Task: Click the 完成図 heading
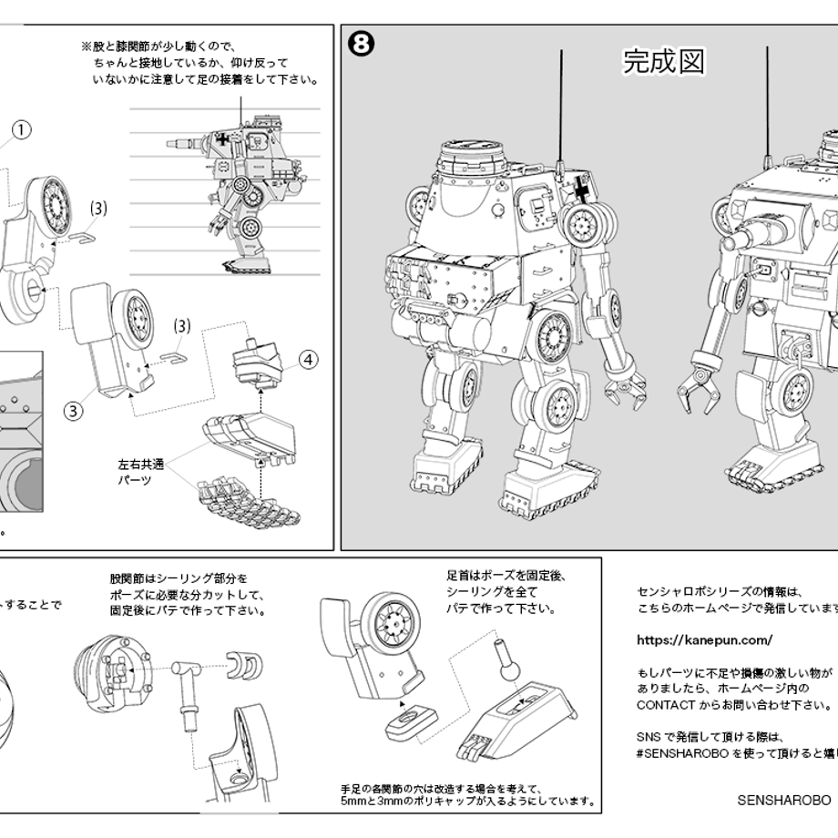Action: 664,61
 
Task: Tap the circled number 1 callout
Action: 22,130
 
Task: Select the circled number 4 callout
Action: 309,360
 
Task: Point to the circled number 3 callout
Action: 73,410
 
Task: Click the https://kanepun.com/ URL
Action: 704,640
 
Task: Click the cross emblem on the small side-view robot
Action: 222,140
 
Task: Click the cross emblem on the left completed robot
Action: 580,191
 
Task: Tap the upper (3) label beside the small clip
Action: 98,209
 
